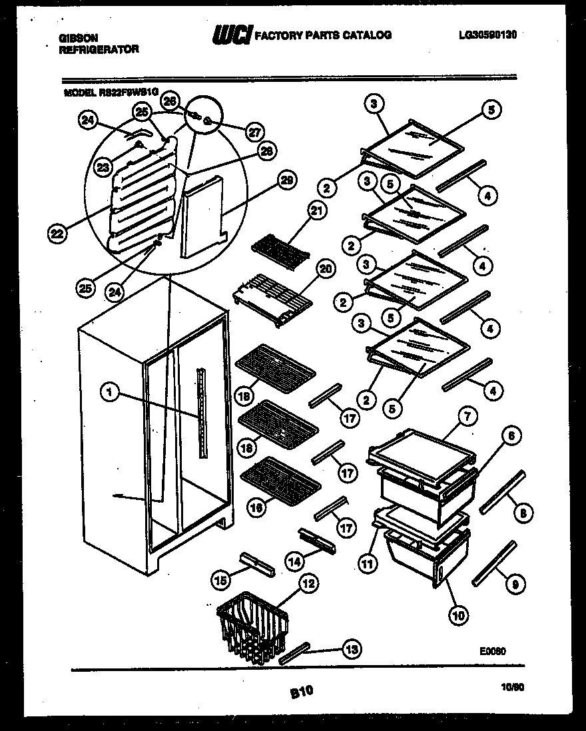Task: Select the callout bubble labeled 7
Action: pos(467,416)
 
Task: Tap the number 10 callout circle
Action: pos(458,614)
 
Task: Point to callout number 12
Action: pos(307,584)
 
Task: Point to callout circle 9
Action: pos(513,585)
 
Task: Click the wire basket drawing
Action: pos(250,623)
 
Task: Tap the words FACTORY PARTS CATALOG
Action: pos(324,35)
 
